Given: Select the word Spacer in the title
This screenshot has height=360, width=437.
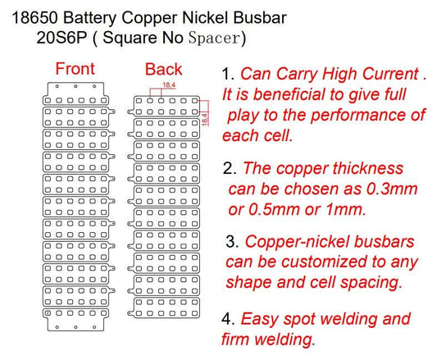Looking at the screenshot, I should click(215, 38).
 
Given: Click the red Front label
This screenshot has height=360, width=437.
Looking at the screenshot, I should click(75, 69).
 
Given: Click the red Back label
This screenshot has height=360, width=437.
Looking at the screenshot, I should click(163, 69).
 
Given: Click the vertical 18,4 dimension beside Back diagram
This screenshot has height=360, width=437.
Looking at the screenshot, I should click(204, 116).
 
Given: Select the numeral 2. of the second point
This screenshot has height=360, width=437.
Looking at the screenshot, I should click(230, 169).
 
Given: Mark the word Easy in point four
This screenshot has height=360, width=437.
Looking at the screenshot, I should click(261, 318).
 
